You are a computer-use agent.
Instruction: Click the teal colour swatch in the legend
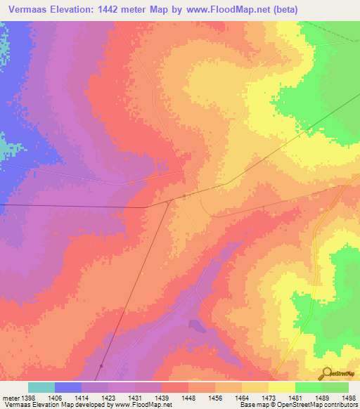[41, 387]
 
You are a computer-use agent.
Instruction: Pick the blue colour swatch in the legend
[68, 387]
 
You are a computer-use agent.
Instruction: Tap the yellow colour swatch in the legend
[282, 387]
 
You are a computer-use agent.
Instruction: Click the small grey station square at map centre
[184, 196]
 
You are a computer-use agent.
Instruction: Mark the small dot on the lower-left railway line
[101, 365]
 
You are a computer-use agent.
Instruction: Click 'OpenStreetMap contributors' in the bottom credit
[319, 405]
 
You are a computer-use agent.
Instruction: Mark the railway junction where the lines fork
[169, 202]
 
